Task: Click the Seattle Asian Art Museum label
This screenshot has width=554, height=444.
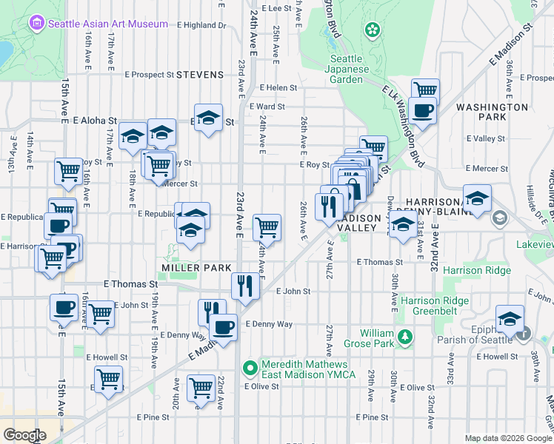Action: (x=107, y=24)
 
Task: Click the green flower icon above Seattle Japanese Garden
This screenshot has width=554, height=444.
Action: (x=373, y=30)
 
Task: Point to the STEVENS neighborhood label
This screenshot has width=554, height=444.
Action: (x=200, y=75)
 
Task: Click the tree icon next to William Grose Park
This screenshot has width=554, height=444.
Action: (x=404, y=338)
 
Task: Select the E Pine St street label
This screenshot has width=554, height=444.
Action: (x=153, y=417)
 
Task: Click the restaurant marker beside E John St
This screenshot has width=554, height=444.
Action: (x=245, y=285)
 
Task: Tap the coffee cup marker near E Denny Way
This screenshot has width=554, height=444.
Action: (x=222, y=325)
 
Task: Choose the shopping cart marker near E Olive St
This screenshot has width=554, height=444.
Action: (x=201, y=387)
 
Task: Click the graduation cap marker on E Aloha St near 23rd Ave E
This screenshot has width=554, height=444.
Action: (x=210, y=118)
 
